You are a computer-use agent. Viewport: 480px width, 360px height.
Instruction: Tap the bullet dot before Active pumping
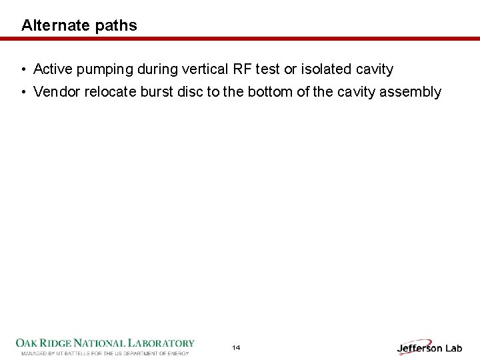pyautogui.click(x=23, y=69)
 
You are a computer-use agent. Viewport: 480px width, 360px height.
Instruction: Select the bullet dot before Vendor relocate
pyautogui.click(x=23, y=92)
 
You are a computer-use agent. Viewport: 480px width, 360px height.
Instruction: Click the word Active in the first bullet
pyautogui.click(x=51, y=69)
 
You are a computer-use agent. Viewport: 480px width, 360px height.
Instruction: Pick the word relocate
pyautogui.click(x=111, y=92)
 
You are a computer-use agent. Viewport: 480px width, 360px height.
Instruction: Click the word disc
pyautogui.click(x=190, y=92)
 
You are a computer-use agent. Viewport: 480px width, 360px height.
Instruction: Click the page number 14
pyautogui.click(x=236, y=348)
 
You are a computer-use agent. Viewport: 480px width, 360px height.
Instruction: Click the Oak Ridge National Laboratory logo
pyautogui.click(x=105, y=343)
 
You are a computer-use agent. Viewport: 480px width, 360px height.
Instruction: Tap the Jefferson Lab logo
pyautogui.click(x=429, y=347)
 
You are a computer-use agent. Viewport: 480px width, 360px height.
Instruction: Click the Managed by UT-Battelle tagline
pyautogui.click(x=105, y=353)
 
